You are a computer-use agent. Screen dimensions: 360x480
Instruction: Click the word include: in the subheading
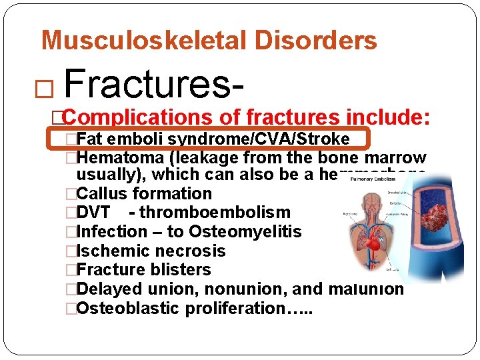click(x=388, y=118)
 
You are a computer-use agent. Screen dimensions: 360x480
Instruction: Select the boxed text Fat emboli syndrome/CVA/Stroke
click(x=213, y=139)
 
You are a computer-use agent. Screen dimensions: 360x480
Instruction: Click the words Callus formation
click(x=144, y=194)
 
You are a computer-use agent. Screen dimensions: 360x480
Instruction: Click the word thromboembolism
click(x=215, y=213)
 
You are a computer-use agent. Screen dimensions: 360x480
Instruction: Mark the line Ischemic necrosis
click(x=151, y=251)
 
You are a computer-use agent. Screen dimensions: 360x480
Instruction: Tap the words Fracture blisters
click(x=143, y=270)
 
